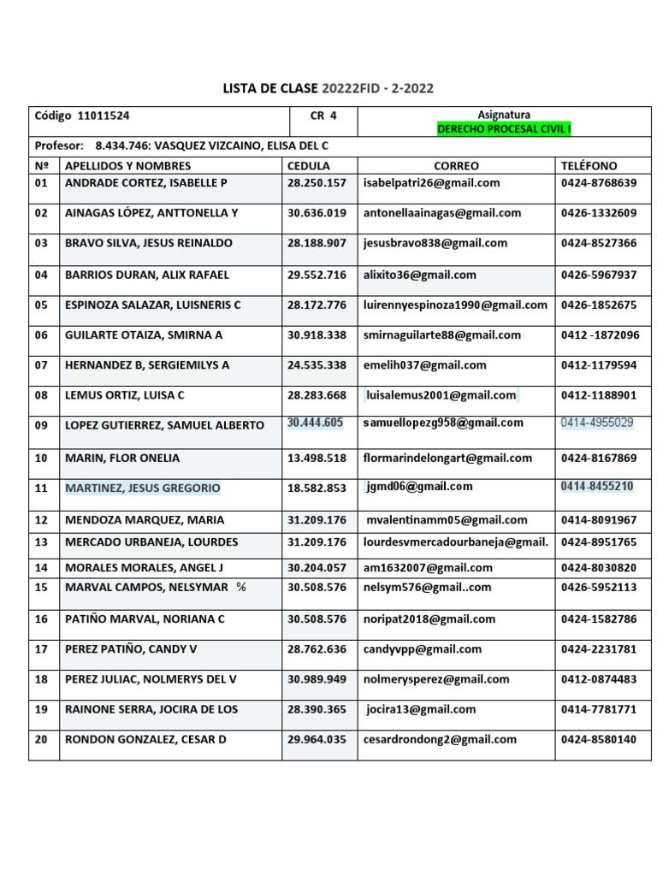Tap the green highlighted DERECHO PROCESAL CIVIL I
pos(504,129)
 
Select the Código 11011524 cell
pos(82,115)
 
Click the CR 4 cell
pos(323,115)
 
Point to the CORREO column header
pos(456,166)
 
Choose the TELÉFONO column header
pos(589,166)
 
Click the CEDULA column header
pos(309,166)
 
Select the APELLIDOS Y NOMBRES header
pos(128,166)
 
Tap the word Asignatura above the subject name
pos(504,115)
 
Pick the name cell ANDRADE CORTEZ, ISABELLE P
pos(146,183)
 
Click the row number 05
pos(41,305)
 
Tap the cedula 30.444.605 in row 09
pos(316,423)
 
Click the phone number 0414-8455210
pos(597,487)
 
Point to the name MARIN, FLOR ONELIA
pos(122,459)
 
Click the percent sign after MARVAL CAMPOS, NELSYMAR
pos(240,587)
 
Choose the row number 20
pos(41,739)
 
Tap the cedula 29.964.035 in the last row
pos(317,739)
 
